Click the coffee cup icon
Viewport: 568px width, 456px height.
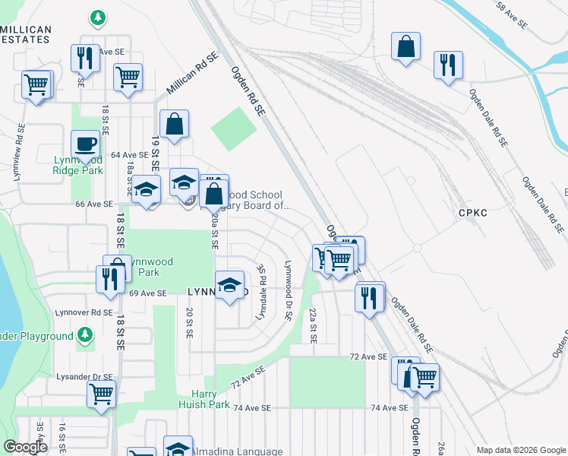[85, 144]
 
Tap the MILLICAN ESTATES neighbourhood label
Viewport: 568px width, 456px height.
[26, 35]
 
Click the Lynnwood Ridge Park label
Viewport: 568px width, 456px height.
[77, 165]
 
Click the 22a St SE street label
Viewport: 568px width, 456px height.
[312, 325]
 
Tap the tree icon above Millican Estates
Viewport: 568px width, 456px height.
[96, 17]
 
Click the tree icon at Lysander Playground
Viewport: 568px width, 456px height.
[85, 334]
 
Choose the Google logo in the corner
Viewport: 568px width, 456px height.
[25, 447]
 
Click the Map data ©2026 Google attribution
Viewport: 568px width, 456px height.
[521, 450]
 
